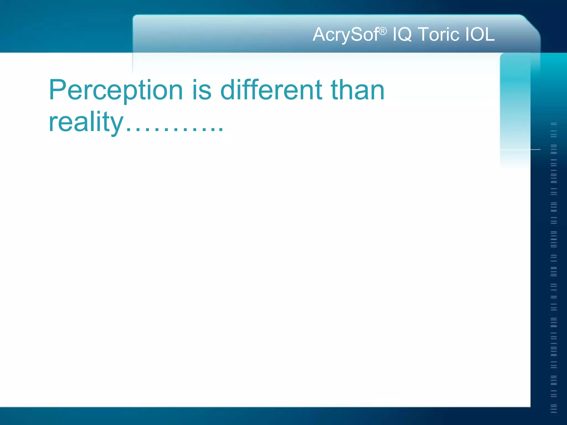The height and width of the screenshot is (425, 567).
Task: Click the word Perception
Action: [116, 90]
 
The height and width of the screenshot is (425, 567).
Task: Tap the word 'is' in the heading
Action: [202, 90]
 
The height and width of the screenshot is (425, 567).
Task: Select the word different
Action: [271, 90]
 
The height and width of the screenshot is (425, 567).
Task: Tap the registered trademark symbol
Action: [383, 31]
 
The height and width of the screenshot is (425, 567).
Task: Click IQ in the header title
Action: [402, 35]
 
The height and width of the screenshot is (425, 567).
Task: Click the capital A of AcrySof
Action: [319, 34]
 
